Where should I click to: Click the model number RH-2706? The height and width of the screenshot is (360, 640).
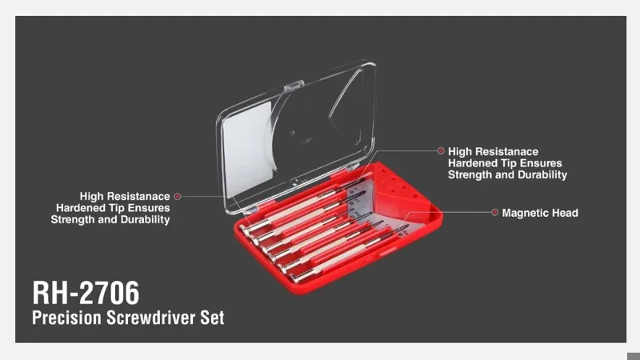tap(86, 293)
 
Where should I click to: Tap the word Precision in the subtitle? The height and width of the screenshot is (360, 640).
tap(66, 318)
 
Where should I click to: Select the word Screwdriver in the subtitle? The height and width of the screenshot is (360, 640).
tap(151, 318)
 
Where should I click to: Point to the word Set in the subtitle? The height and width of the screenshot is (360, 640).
tap(212, 318)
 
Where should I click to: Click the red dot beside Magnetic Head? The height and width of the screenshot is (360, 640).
tap(494, 212)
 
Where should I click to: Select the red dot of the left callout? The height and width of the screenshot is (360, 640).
tap(177, 196)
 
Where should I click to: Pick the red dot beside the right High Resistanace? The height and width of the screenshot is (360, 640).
tap(441, 151)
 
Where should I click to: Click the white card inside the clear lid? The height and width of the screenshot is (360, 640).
tap(249, 149)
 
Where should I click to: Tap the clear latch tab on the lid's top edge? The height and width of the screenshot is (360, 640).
tap(294, 85)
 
